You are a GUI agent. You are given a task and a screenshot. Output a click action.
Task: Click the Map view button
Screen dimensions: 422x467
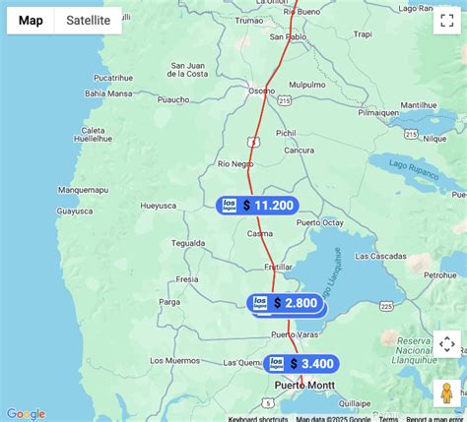(31, 21)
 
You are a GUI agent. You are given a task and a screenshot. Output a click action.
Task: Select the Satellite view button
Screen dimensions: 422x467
(88, 21)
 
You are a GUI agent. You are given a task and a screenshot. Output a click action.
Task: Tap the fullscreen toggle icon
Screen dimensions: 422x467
(446, 22)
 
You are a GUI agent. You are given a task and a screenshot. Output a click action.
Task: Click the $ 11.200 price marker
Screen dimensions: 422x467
(257, 205)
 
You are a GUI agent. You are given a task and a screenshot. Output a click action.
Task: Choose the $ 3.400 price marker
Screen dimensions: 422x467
(301, 364)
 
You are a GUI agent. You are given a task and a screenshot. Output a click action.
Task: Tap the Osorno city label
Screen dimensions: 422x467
(261, 90)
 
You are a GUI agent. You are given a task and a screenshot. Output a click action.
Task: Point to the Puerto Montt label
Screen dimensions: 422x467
(304, 385)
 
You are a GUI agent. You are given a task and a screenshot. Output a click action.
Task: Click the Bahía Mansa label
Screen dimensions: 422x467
(107, 94)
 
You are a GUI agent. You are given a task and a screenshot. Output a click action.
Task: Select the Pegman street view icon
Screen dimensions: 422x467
(446, 391)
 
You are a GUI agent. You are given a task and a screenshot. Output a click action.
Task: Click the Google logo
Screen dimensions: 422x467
(26, 414)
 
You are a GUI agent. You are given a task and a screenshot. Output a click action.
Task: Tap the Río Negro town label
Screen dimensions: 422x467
(235, 163)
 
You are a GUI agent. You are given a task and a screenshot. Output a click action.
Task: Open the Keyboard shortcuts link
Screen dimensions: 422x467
(259, 418)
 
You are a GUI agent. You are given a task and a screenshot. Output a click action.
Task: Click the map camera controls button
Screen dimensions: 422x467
(446, 344)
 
